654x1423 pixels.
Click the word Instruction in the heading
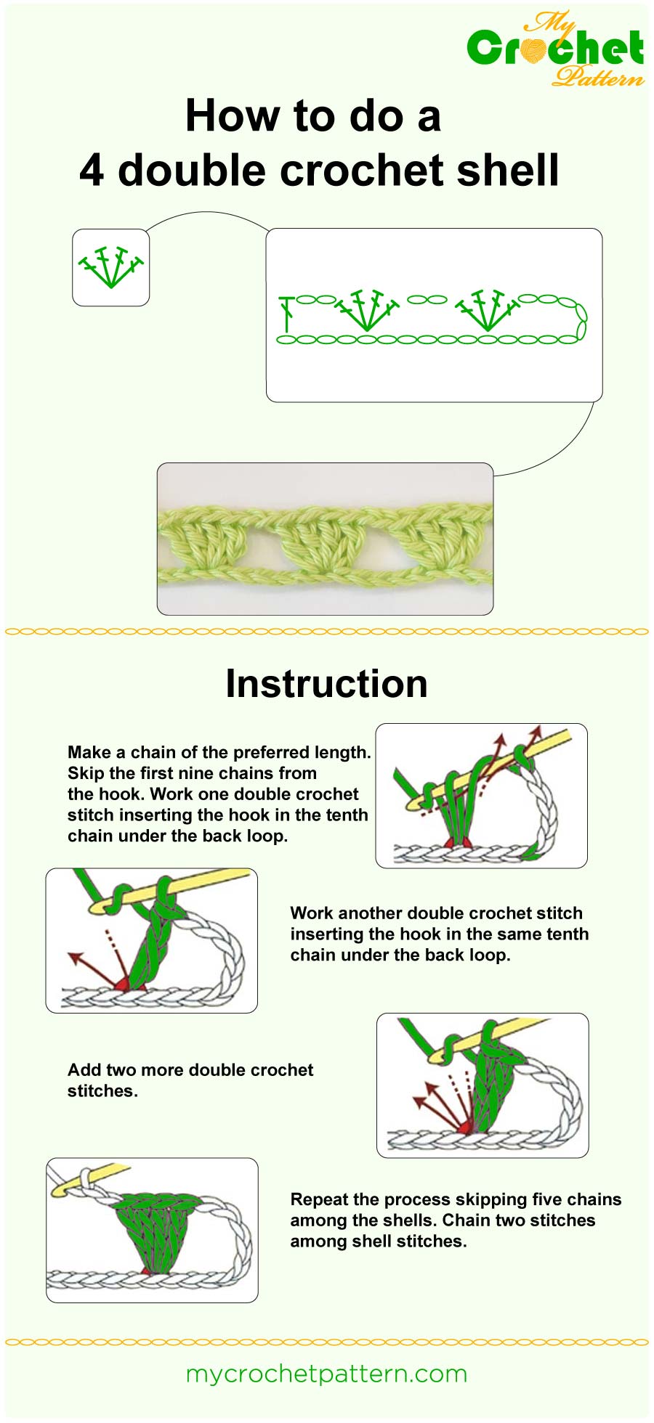pyautogui.click(x=326, y=684)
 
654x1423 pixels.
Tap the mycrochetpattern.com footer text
pyautogui.click(x=326, y=1374)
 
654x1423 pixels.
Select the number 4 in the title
pyautogui.click(x=92, y=171)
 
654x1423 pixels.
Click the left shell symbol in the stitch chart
pyautogui.click(x=366, y=311)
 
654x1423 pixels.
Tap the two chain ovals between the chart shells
pyautogui.click(x=427, y=299)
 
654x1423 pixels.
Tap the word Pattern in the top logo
pyautogui.click(x=597, y=76)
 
